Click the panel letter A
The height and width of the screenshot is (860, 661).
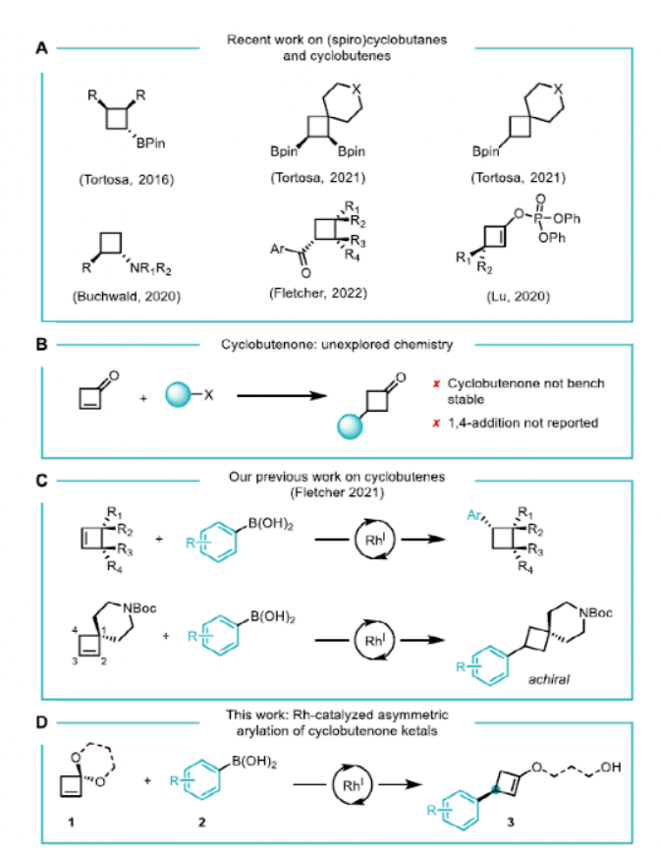pyautogui.click(x=42, y=46)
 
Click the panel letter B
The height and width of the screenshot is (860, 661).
pyautogui.click(x=42, y=345)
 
